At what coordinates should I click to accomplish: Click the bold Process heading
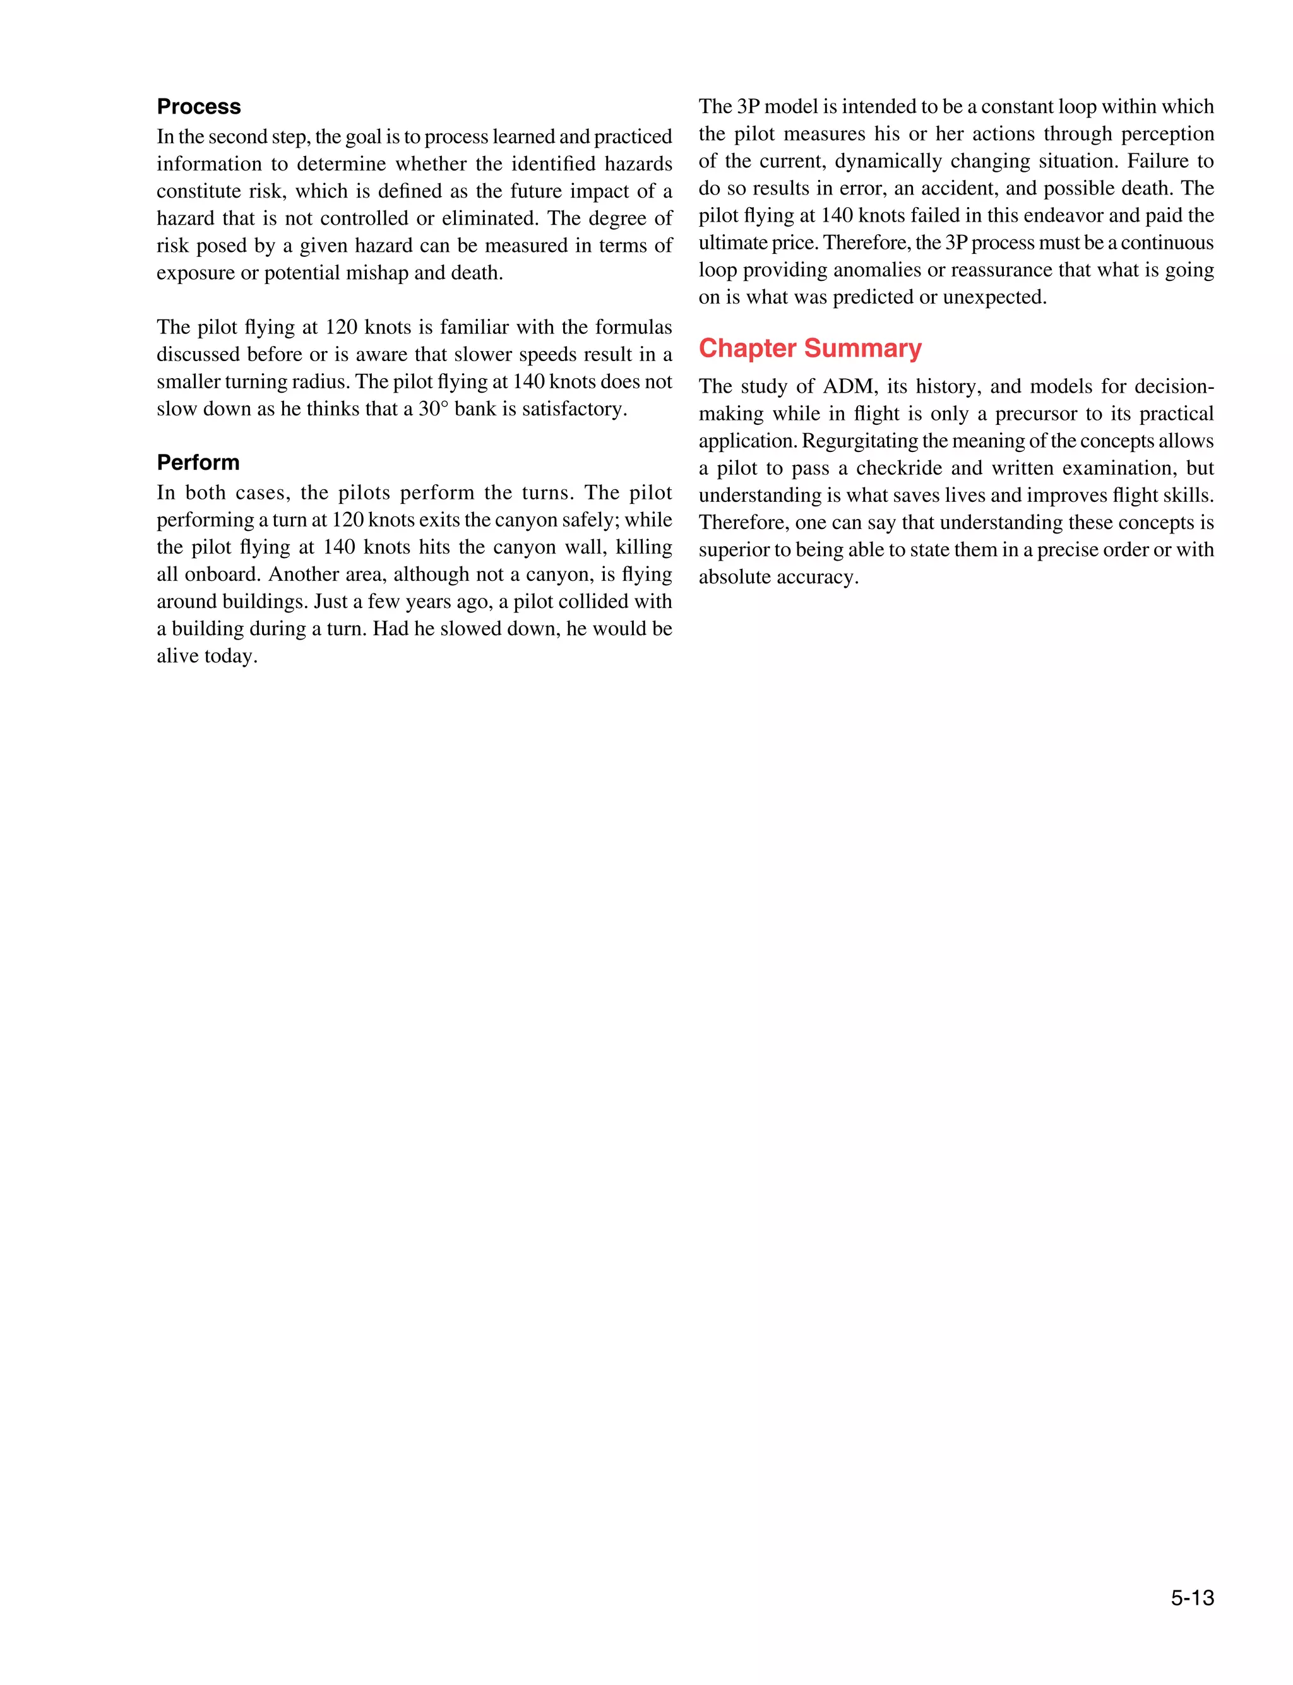click(x=199, y=106)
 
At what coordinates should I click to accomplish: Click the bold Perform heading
click(x=198, y=462)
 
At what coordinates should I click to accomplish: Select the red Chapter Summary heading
click(x=809, y=348)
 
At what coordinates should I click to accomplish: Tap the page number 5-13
click(x=1192, y=1598)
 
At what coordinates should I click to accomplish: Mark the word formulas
click(x=633, y=327)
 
